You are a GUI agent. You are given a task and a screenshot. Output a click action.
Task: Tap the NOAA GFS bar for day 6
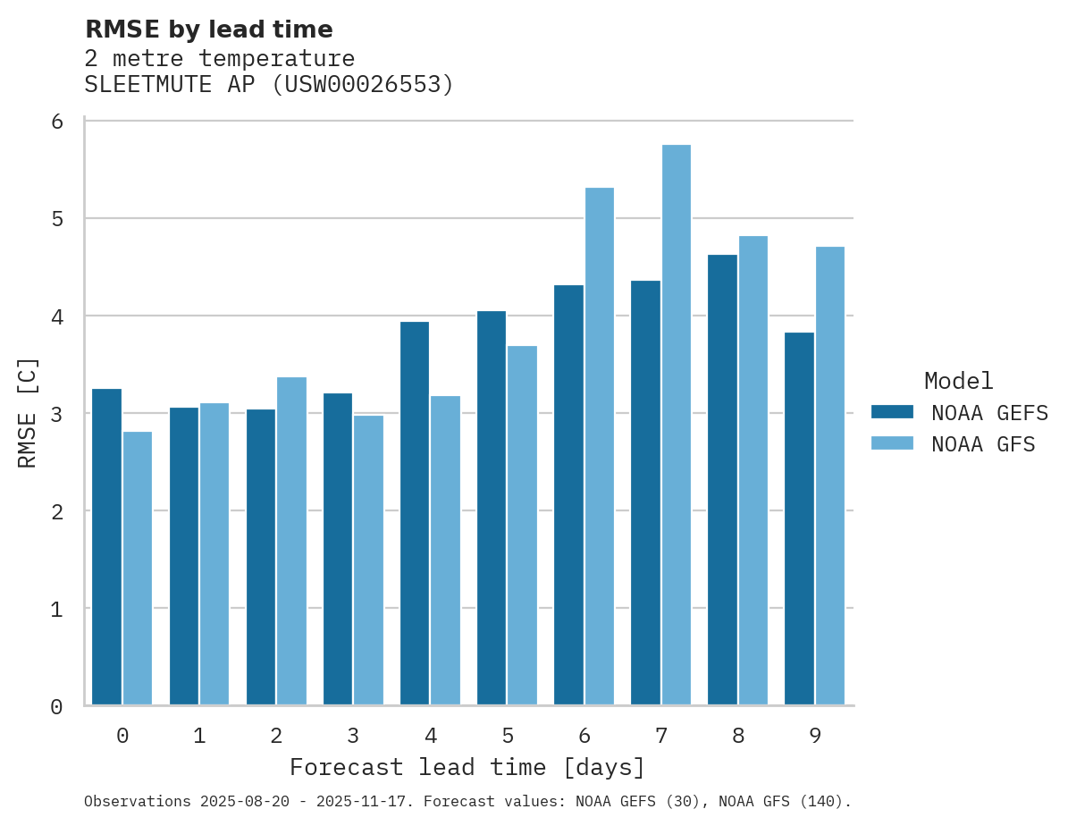599,446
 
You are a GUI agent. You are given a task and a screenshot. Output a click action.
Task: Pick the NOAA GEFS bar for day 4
415,513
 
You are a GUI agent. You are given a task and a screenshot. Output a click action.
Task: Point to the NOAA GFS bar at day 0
138,569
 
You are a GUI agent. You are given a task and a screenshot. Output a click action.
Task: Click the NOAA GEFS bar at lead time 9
799,518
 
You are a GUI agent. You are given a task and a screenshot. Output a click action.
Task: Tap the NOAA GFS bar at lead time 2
291,541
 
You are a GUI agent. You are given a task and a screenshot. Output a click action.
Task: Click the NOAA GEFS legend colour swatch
892,412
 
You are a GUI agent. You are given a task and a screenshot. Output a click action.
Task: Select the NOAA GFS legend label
983,444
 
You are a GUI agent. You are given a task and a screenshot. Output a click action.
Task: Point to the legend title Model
958,381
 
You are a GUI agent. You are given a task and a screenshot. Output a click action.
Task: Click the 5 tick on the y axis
56,219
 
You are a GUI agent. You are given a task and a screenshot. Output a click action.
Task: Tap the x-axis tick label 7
661,736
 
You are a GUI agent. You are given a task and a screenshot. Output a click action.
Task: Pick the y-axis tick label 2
56,511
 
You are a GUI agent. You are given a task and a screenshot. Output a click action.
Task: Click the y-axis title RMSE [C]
28,413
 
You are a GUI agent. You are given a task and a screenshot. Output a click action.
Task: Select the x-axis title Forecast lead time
467,767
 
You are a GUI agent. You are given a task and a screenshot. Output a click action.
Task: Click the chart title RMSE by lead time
208,29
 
